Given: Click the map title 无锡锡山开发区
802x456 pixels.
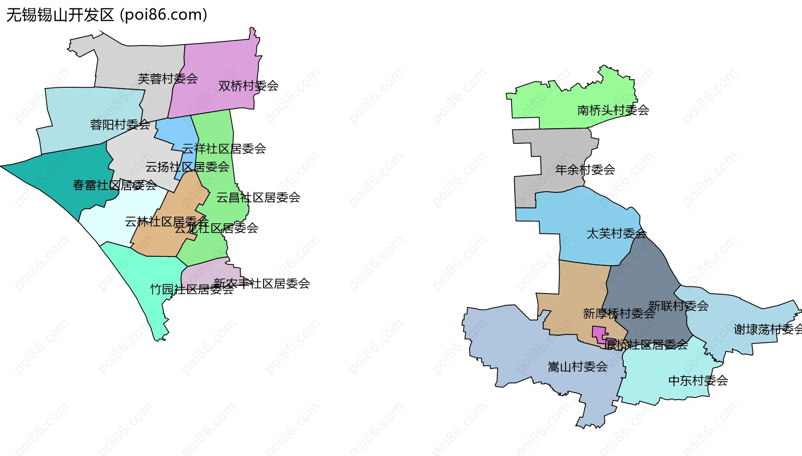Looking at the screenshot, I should pyautogui.click(x=60, y=15).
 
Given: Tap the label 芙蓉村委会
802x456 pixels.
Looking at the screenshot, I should pyautogui.click(x=168, y=79).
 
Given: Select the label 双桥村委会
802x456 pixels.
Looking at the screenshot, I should pyautogui.click(x=249, y=86).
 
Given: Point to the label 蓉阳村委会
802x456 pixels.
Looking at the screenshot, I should pyautogui.click(x=120, y=124).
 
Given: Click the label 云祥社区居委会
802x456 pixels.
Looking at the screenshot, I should pyautogui.click(x=224, y=149).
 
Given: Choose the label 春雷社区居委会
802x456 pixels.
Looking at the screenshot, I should pyautogui.click(x=115, y=185).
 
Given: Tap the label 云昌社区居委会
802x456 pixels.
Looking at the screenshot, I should pyautogui.click(x=258, y=198).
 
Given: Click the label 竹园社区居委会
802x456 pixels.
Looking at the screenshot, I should pyautogui.click(x=192, y=289).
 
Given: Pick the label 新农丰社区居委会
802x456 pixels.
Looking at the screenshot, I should pyautogui.click(x=262, y=284).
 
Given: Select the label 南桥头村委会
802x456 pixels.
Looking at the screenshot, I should pyautogui.click(x=613, y=110).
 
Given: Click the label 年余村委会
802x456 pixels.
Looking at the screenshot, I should pyautogui.click(x=585, y=170).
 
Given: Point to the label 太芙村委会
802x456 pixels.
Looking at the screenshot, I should pyautogui.click(x=617, y=233).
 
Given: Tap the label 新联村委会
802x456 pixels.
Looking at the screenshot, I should pyautogui.click(x=678, y=306).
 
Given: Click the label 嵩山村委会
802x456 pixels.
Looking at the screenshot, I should pyautogui.click(x=578, y=367).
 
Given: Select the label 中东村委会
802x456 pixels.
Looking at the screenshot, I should pyautogui.click(x=698, y=381).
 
